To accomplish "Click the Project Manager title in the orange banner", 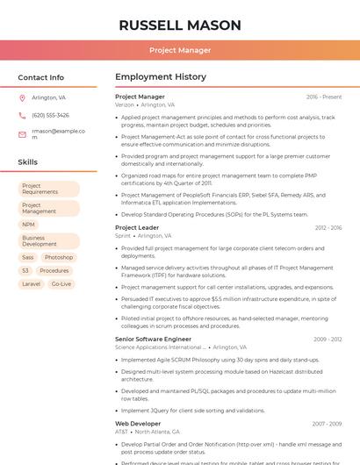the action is (180, 50).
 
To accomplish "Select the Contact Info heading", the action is (40, 77).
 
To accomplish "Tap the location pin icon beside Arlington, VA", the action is (22, 97).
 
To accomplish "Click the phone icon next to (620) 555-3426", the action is (22, 115).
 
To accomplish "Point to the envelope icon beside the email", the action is (22, 134).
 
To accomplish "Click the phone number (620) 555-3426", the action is (50, 115).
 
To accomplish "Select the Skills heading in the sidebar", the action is (27, 162).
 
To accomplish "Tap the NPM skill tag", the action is (29, 225).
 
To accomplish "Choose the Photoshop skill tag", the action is (59, 257).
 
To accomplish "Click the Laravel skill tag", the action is (31, 283).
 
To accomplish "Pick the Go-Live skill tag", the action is (61, 283).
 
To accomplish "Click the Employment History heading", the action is (161, 77).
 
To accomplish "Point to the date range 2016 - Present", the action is (324, 97).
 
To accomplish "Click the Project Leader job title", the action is (137, 227).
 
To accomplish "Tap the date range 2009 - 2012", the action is (328, 339).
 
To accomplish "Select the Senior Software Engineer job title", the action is (153, 339).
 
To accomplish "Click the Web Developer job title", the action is (138, 423).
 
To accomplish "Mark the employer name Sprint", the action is (123, 236).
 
